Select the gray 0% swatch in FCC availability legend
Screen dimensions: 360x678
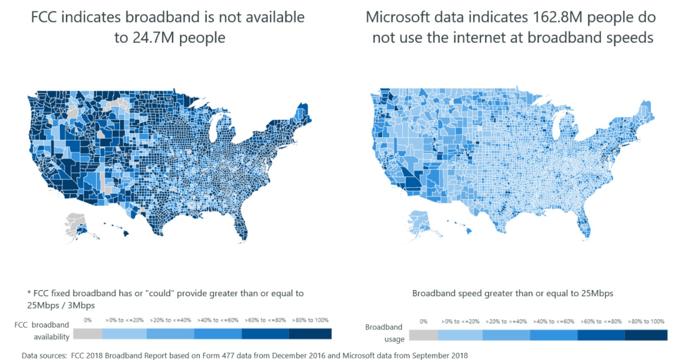click(x=88, y=334)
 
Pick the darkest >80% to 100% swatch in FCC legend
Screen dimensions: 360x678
click(x=310, y=334)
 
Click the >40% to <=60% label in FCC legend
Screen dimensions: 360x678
click(x=218, y=320)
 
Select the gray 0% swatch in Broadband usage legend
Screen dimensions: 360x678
click(x=423, y=335)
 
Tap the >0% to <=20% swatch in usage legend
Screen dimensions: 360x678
click(x=460, y=335)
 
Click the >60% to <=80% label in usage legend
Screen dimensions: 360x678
click(x=601, y=321)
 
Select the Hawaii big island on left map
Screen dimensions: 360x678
click(x=126, y=233)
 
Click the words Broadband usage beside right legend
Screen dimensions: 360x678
click(x=384, y=332)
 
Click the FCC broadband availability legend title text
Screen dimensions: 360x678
click(x=42, y=330)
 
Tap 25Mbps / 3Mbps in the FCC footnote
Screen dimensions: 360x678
click(x=61, y=305)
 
